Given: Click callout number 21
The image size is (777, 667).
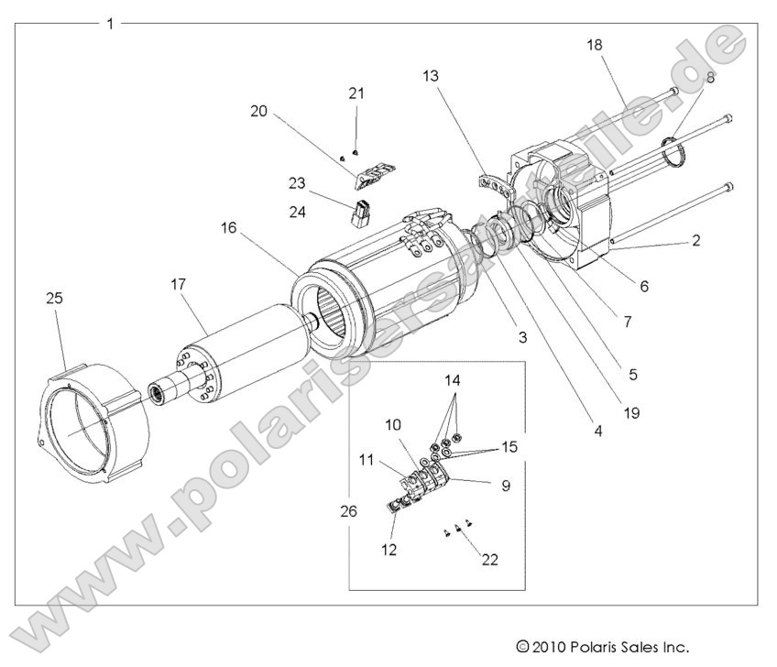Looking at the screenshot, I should coord(357,93).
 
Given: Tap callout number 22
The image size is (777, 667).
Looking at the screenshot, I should coord(491,559).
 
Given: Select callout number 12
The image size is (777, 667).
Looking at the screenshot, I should coord(390,550).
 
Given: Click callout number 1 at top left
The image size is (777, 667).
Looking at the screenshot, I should coord(110,23).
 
